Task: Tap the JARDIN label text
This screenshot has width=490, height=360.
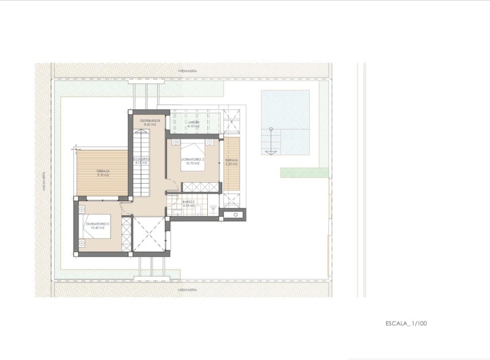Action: [x=193, y=122]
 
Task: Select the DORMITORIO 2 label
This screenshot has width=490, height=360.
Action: [x=193, y=159]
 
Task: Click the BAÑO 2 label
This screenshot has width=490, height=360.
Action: [x=189, y=202]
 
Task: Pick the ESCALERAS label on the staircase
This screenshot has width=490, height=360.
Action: [x=141, y=159]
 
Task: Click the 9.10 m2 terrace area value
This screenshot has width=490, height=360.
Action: [x=103, y=175]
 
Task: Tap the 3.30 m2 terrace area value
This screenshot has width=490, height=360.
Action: [x=231, y=164]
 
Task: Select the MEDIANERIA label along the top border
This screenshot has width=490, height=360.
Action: [x=188, y=70]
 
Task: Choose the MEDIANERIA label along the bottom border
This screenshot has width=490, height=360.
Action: [x=188, y=290]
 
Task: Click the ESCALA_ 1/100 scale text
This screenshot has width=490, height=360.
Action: [x=407, y=324]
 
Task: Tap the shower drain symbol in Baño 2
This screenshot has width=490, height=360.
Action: [x=214, y=207]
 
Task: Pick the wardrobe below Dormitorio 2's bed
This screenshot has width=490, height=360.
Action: [x=200, y=187]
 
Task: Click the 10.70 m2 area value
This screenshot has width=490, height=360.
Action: [x=193, y=164]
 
